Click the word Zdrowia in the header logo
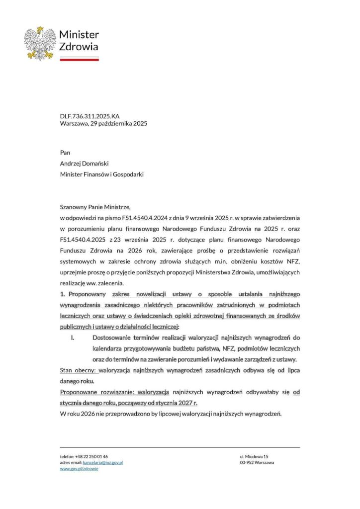(x=79, y=47)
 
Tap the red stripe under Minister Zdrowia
(x=79, y=59)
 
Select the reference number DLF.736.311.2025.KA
(x=90, y=116)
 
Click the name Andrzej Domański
(x=84, y=164)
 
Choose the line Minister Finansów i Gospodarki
(x=102, y=174)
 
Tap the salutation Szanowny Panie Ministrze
(x=94, y=207)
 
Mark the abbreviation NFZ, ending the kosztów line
(x=293, y=262)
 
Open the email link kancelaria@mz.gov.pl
(x=103, y=462)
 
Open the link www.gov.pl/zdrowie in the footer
(x=79, y=469)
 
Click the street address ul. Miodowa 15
(x=254, y=456)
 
